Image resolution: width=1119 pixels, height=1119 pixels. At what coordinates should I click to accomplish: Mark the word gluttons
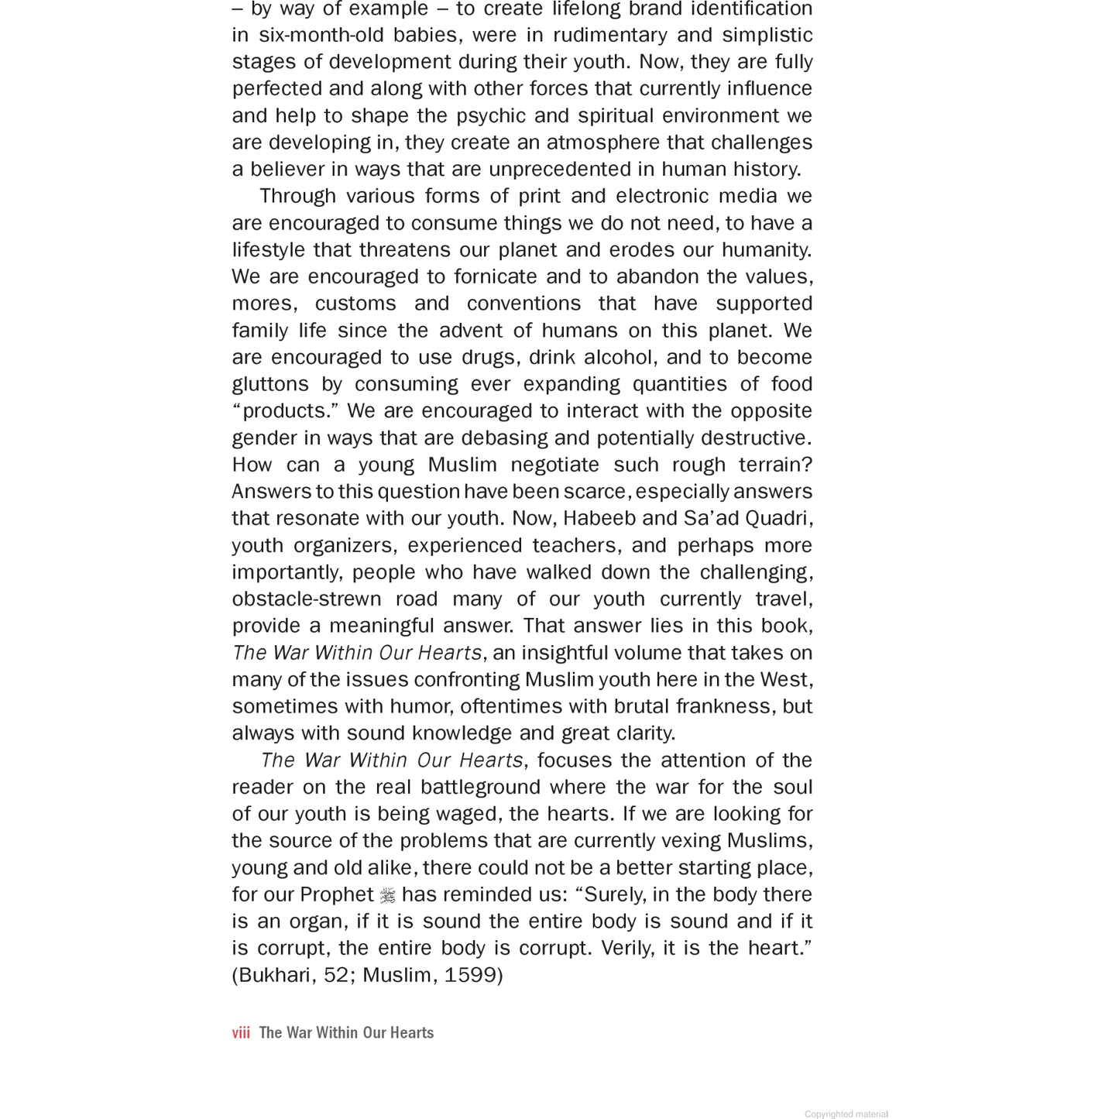[x=270, y=385]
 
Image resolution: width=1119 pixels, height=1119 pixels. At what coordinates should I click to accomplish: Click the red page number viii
[x=241, y=1033]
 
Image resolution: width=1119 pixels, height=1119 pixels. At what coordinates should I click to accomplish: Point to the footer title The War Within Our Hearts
[x=346, y=1033]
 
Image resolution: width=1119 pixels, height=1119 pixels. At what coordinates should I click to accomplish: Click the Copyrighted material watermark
[x=846, y=1114]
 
